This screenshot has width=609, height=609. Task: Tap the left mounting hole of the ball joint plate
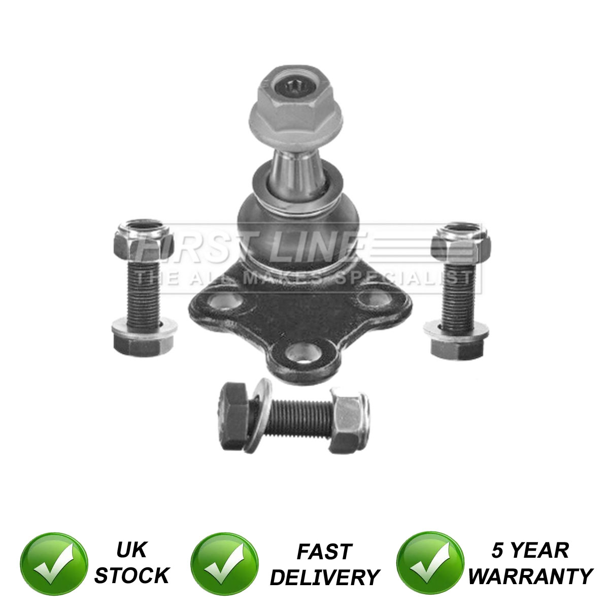pyautogui.click(x=225, y=300)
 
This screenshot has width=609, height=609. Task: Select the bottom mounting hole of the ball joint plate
pyautogui.click(x=303, y=353)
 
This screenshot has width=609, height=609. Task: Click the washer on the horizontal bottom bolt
pyautogui.click(x=258, y=416)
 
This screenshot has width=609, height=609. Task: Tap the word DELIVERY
pyautogui.click(x=325, y=578)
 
